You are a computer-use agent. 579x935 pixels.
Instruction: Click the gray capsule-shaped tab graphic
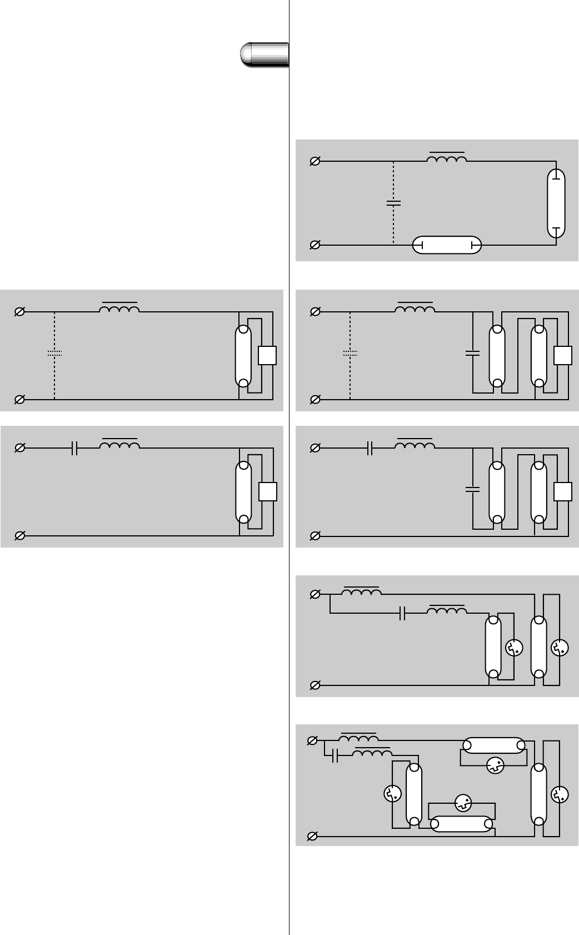(x=264, y=54)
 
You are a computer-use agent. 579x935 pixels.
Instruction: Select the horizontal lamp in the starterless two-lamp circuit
(x=447, y=245)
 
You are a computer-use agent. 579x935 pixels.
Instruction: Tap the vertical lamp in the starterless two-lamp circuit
(x=557, y=203)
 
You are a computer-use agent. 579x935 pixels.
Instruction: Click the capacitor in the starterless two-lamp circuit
(x=393, y=202)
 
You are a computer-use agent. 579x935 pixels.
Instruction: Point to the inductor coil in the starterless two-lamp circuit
(x=446, y=160)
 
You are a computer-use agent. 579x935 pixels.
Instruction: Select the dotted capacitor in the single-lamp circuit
(x=54, y=353)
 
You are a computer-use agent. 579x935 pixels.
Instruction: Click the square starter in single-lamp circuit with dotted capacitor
(x=267, y=355)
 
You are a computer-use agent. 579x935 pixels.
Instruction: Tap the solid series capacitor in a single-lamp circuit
(x=76, y=448)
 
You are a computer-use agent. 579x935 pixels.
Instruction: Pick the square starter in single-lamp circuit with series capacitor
(x=268, y=492)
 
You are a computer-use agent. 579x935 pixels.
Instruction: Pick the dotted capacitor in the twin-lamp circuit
(x=350, y=353)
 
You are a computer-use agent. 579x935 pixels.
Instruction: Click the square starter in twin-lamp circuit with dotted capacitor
(x=563, y=355)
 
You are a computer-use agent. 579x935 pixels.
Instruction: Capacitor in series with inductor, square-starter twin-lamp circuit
(x=370, y=448)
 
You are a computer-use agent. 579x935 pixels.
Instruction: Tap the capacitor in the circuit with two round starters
(x=403, y=614)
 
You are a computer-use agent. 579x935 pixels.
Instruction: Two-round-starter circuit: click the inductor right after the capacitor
(x=446, y=610)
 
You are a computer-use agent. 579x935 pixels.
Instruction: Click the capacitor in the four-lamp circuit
(x=334, y=756)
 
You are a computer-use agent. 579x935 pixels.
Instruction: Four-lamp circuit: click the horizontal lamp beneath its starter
(x=462, y=823)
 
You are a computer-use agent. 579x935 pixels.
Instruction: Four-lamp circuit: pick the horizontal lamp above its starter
(x=493, y=745)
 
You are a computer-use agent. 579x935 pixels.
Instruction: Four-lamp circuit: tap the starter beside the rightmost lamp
(x=559, y=794)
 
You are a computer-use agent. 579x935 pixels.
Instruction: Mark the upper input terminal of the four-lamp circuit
(x=312, y=741)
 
